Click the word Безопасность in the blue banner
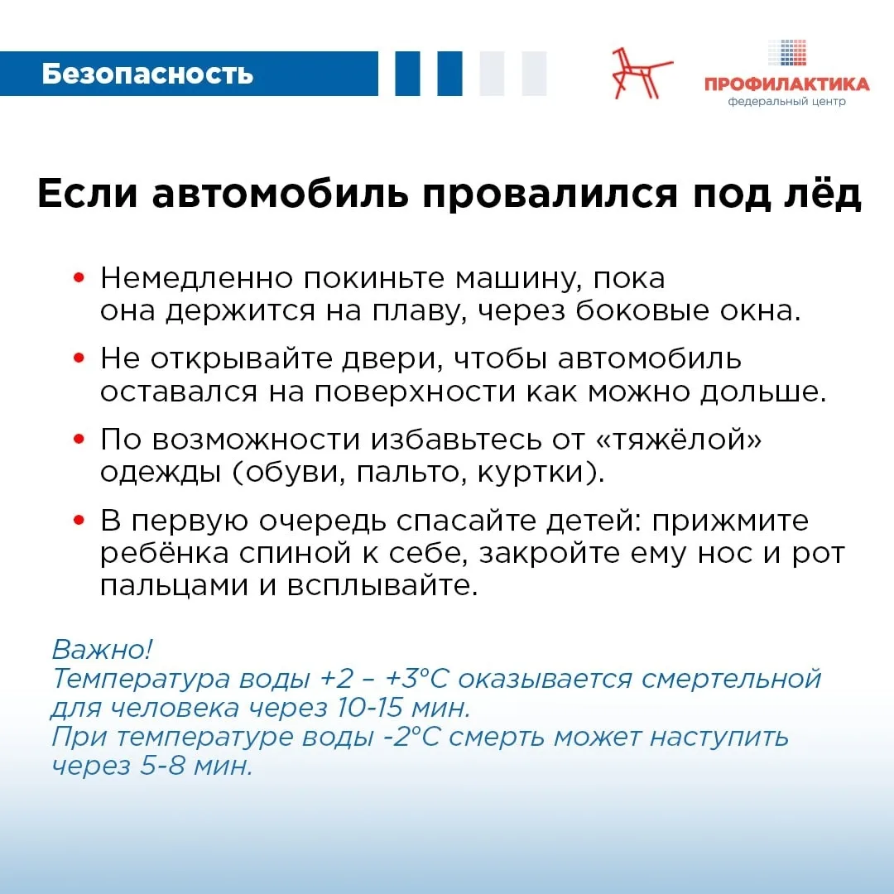pyautogui.click(x=147, y=74)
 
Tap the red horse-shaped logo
pyautogui.click(x=642, y=73)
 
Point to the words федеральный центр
pyautogui.click(x=786, y=103)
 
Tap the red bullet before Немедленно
pyautogui.click(x=79, y=278)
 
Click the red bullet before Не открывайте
pyautogui.click(x=79, y=358)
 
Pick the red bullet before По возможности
pyautogui.click(x=79, y=440)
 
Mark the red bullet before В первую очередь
pyautogui.click(x=79, y=521)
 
